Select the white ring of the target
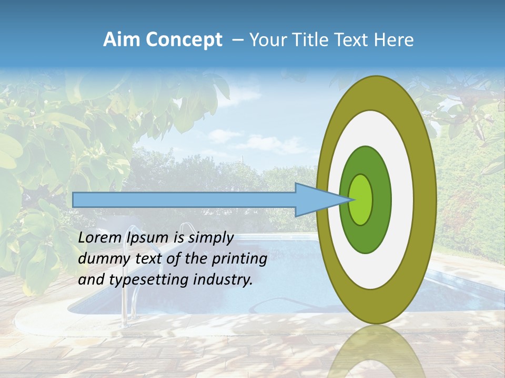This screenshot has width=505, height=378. [402, 199]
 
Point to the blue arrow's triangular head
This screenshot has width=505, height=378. [316, 200]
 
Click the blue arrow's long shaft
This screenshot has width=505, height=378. [184, 200]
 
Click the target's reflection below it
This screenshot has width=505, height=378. [376, 352]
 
